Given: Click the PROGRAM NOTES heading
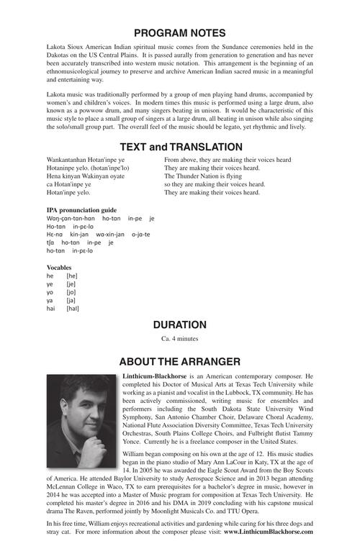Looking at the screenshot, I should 180,33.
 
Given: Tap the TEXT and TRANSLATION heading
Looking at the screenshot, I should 180,147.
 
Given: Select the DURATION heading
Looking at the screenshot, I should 180,324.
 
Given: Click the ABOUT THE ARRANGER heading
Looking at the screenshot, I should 180,360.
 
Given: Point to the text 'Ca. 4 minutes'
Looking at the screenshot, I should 180,338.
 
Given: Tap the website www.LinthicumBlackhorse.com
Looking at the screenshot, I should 268,532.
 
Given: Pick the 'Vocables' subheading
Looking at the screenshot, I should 59,267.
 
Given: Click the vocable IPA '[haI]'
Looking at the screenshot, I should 72,309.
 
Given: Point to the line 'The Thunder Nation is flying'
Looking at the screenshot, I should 204,176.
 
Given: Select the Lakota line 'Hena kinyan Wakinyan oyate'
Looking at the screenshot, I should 86,176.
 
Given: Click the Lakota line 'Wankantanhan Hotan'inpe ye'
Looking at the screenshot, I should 86,159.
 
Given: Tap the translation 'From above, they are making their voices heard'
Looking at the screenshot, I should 228,159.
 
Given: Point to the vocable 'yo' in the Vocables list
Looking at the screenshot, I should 50,293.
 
